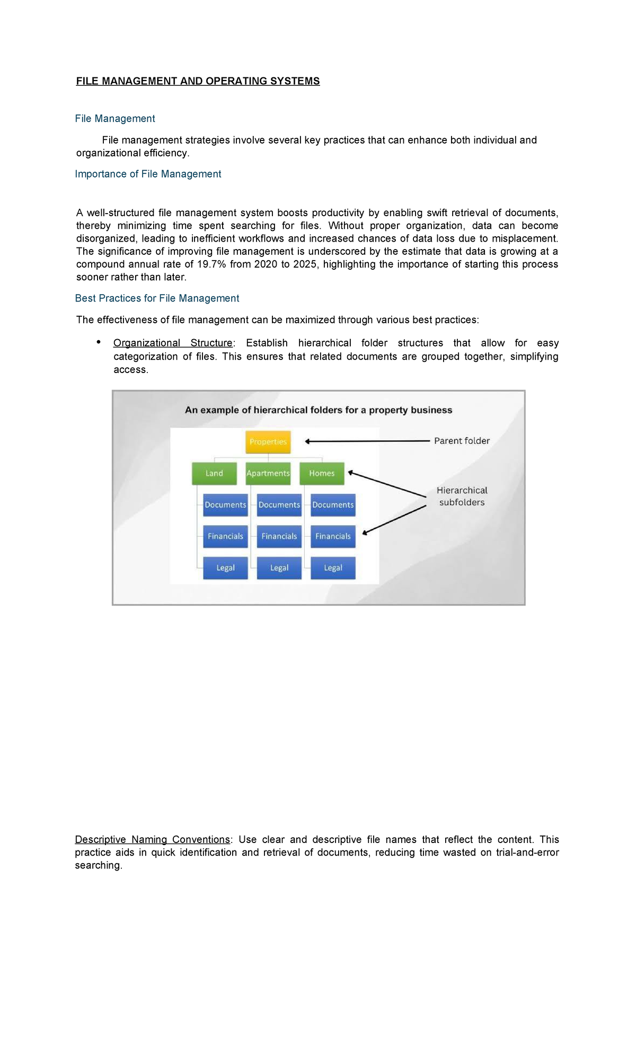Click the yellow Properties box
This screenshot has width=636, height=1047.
268,442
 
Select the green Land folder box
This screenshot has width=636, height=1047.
214,473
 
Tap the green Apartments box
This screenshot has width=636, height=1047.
268,473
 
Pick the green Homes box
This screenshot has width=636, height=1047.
322,473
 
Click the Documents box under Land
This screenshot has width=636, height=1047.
225,505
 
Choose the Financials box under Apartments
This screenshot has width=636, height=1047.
279,536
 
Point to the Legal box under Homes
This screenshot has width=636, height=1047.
333,567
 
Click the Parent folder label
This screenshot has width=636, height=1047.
462,441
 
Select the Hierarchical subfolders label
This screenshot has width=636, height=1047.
462,496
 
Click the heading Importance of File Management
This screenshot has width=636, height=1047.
148,174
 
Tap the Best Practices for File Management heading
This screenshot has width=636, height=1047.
157,298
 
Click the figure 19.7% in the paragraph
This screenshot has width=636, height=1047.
211,264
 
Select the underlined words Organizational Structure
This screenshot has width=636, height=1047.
173,343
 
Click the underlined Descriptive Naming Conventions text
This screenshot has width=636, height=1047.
152,840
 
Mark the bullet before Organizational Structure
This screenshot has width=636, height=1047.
99,342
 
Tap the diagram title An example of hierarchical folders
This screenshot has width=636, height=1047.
318,410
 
